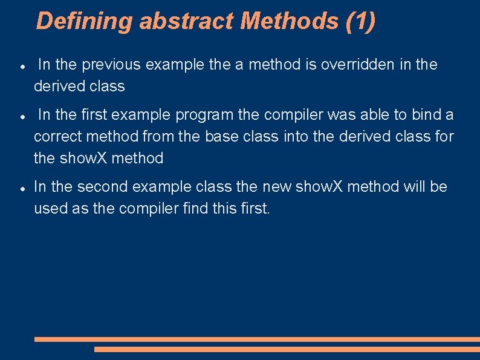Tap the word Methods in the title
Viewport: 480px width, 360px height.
click(290, 21)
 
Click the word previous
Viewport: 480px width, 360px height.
click(114, 65)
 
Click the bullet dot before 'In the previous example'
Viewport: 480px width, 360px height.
click(22, 65)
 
